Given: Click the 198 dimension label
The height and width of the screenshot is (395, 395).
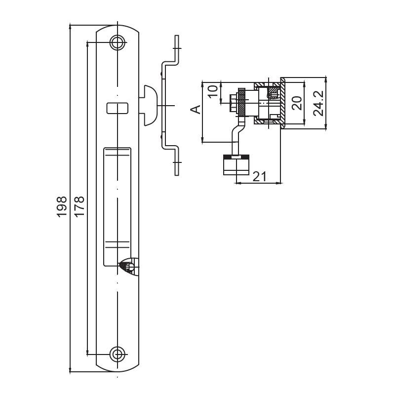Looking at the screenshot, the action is (x=61, y=207).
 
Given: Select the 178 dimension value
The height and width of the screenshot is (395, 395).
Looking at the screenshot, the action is (x=79, y=206).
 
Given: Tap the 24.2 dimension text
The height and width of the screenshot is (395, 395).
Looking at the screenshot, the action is (x=318, y=103).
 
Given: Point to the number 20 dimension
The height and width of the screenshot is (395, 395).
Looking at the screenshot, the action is (x=297, y=103).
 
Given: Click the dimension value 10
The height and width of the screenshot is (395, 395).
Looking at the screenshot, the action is (x=213, y=91).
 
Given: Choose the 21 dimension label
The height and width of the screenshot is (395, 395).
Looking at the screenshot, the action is (x=260, y=177).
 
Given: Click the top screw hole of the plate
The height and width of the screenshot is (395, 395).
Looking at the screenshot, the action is (x=118, y=42).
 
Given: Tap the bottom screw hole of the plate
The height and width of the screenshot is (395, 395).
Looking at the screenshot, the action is (x=118, y=355).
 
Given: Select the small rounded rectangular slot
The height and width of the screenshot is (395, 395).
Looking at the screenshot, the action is (x=118, y=108).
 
